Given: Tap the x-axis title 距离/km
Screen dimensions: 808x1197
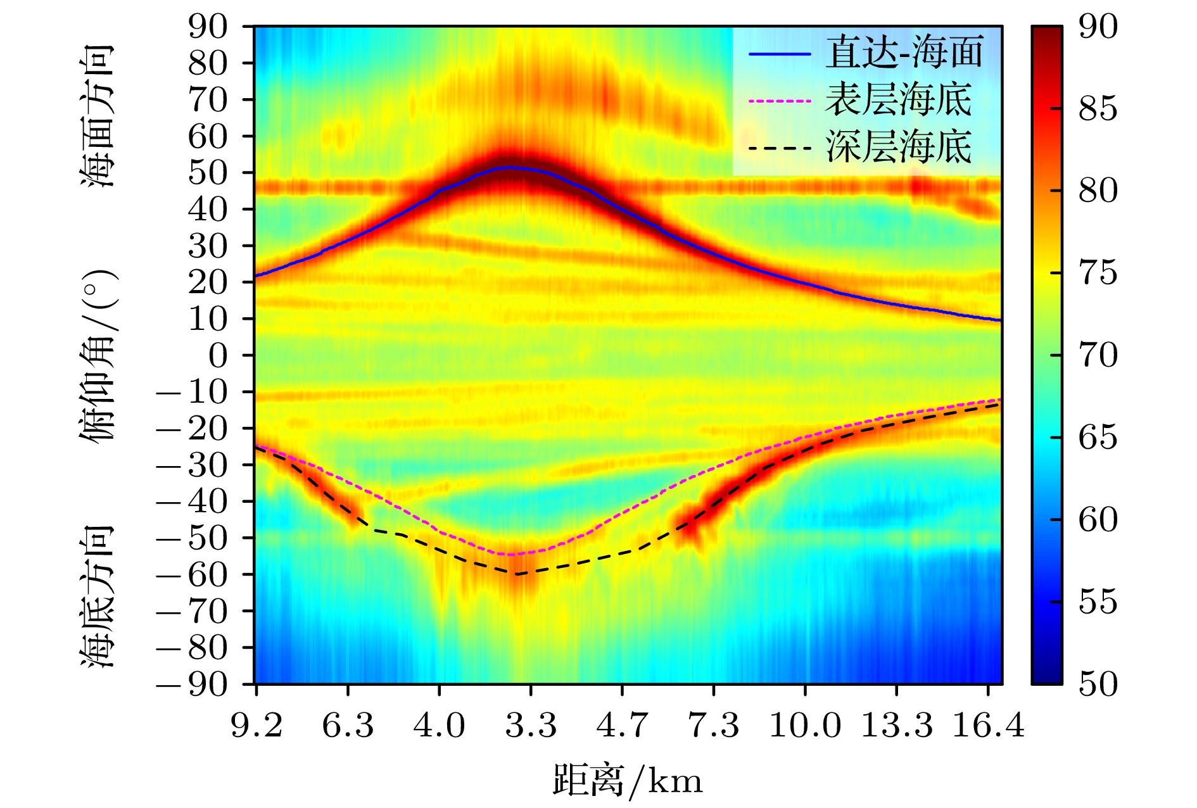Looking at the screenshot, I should (628, 780).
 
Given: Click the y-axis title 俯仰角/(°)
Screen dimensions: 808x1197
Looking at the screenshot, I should (98, 355).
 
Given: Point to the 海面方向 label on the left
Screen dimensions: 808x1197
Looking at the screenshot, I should (98, 115).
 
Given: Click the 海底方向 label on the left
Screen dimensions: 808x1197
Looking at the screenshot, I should (98, 595).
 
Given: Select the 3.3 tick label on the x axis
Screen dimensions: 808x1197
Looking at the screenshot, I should (531, 726).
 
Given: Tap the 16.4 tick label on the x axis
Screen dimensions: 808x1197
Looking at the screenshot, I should (988, 726).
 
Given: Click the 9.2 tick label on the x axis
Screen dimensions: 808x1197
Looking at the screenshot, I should (256, 726).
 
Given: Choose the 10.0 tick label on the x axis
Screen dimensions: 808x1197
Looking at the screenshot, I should (805, 726).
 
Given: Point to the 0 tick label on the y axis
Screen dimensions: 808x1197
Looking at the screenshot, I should (218, 356).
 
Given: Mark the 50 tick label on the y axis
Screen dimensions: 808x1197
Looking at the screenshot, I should (208, 173).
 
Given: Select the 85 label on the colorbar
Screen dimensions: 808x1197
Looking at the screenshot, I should (1098, 109).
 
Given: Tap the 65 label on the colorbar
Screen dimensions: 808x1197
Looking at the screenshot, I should (1098, 438).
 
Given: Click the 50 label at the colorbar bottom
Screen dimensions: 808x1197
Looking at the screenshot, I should (1098, 684).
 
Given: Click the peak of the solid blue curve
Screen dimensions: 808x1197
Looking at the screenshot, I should (510, 168).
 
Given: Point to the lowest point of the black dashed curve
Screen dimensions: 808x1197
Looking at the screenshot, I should (516, 574).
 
